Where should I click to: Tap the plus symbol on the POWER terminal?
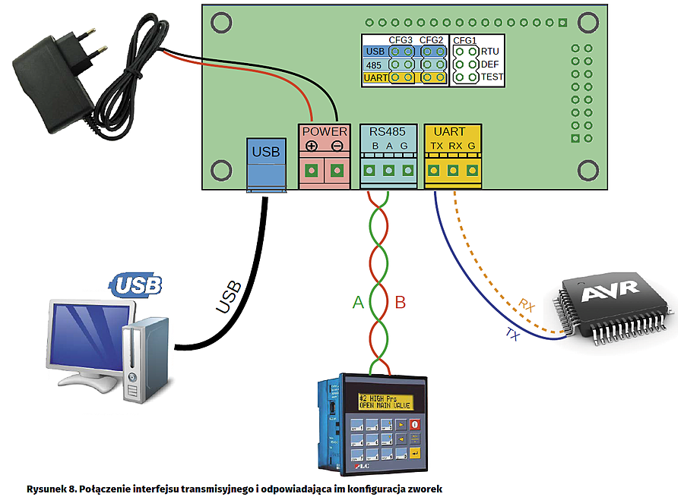312,146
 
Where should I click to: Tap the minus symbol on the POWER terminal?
337,146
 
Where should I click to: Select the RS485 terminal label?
388,131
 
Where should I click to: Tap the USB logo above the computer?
138,285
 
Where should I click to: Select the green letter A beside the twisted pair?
358,303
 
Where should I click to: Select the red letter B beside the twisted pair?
401,303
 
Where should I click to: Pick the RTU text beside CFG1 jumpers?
489,52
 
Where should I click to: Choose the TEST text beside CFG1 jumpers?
492,77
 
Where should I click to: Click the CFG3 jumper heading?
400,39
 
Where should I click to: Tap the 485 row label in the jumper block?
374,64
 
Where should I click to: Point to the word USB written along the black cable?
229,297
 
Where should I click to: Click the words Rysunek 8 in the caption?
49,489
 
